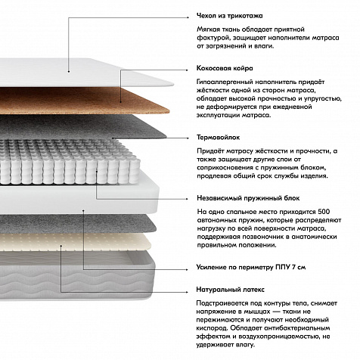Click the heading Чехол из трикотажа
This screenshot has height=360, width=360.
click(x=229, y=16)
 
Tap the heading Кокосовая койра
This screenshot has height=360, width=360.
click(x=225, y=68)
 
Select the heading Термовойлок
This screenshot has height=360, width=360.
click(x=218, y=138)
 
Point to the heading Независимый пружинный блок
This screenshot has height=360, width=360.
click(x=248, y=198)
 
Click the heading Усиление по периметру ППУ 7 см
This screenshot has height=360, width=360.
click(x=251, y=267)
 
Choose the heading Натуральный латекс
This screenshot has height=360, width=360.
click(x=230, y=290)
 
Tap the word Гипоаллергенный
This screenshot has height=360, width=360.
click(x=225, y=82)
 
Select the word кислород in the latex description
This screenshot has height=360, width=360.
click(x=213, y=328)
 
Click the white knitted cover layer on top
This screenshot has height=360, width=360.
click(x=83, y=72)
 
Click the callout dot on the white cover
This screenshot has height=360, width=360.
click(x=69, y=72)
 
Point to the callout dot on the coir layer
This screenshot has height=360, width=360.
click(x=120, y=102)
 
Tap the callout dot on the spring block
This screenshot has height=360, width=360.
click(x=97, y=171)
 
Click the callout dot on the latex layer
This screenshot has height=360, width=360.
click(x=61, y=245)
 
